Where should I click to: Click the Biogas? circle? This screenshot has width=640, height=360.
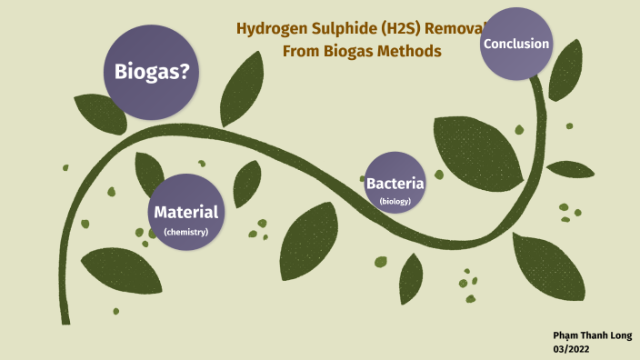click(x=151, y=72)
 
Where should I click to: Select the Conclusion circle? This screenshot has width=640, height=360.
click(x=516, y=44)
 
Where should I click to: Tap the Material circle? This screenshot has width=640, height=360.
click(x=186, y=212)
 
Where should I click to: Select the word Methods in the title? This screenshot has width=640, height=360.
click(x=410, y=51)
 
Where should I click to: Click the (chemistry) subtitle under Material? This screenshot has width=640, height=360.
click(x=186, y=233)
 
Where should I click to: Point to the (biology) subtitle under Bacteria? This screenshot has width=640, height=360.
click(x=395, y=201)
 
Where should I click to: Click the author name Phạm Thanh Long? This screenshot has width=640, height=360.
click(x=595, y=334)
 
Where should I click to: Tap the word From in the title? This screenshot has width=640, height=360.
click(x=301, y=51)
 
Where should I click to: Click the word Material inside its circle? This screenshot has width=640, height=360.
click(x=186, y=212)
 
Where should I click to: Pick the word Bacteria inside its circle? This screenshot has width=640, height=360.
click(x=395, y=184)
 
